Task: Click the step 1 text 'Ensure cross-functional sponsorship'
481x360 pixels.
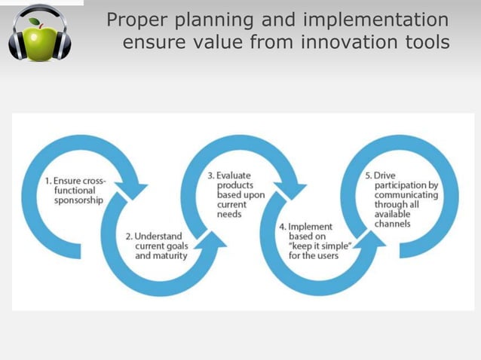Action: tap(75, 191)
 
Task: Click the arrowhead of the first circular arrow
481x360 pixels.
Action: tap(133, 188)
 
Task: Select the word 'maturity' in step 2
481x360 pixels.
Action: tap(170, 256)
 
